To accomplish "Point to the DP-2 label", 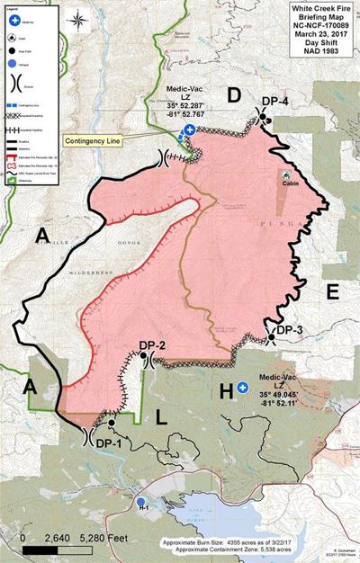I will (x=154, y=345).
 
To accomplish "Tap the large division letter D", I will (x=233, y=95).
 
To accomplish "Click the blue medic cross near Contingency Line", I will (x=189, y=130).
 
